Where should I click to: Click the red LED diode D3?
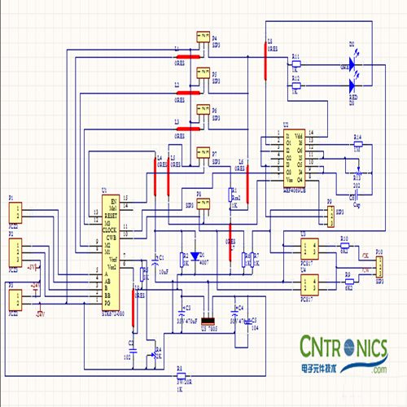click(352, 84)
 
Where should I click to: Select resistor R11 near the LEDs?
click(295, 63)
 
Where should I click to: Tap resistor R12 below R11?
click(295, 85)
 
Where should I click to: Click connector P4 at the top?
click(202, 37)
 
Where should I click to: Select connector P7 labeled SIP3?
click(202, 153)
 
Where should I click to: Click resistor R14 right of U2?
click(356, 143)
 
